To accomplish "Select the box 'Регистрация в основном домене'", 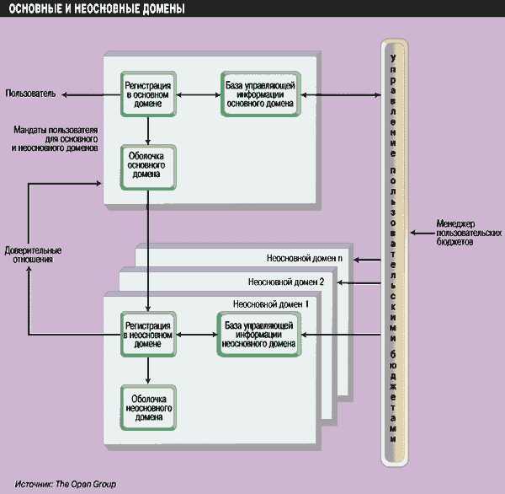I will click(x=148, y=93).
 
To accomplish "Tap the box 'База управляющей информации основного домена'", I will click(x=259, y=93).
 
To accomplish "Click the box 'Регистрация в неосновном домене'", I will click(x=148, y=334).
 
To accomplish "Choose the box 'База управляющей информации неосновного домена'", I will click(x=259, y=334).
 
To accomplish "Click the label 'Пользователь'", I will click(x=30, y=93).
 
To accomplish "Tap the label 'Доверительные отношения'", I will click(x=34, y=255).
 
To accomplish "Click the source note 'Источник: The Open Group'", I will click(x=65, y=484).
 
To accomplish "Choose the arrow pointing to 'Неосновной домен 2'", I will click(x=359, y=282).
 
